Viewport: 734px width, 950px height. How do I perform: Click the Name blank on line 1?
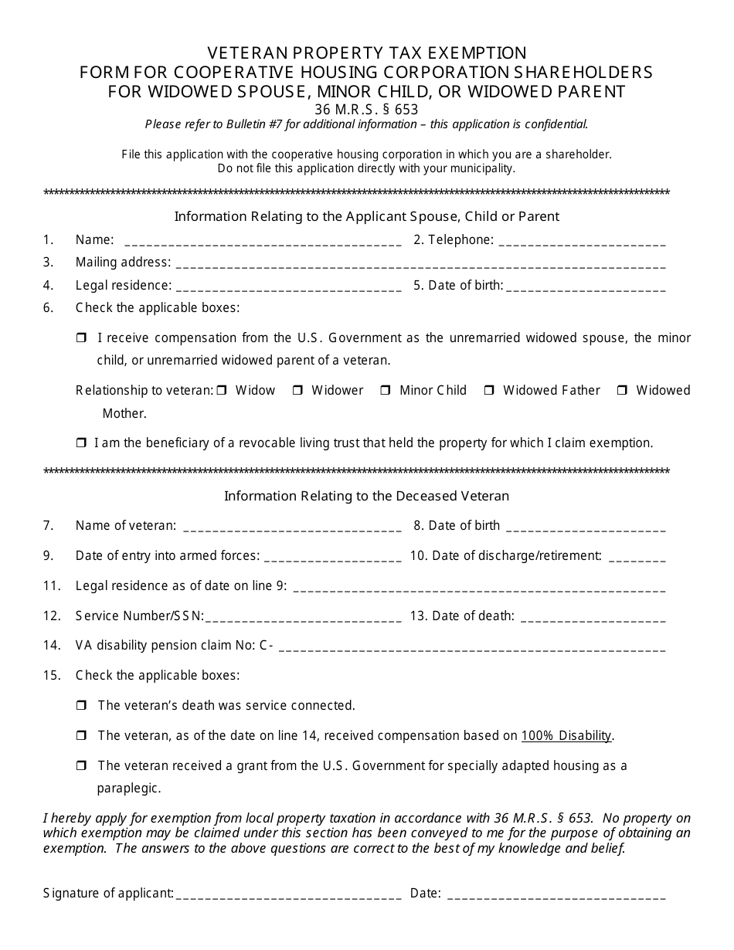tap(262, 242)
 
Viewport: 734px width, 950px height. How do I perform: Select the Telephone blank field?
tap(582, 242)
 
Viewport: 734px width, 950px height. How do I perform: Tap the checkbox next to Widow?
tap(222, 391)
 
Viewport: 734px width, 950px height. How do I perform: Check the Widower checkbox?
tap(297, 391)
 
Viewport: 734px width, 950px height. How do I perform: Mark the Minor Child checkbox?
tap(386, 391)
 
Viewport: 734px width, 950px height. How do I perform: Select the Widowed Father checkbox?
tap(489, 391)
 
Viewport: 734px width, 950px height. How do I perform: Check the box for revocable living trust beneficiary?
tap(81, 443)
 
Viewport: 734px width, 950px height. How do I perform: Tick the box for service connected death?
tap(81, 706)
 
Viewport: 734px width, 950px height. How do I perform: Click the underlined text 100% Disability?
tap(566, 736)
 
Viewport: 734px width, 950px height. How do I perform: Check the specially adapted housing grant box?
tap(81, 766)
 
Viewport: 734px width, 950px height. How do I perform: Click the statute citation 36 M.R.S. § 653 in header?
tap(366, 110)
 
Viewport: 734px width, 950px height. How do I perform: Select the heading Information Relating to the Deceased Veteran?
tap(366, 496)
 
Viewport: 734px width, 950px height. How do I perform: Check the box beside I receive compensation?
tap(81, 338)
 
